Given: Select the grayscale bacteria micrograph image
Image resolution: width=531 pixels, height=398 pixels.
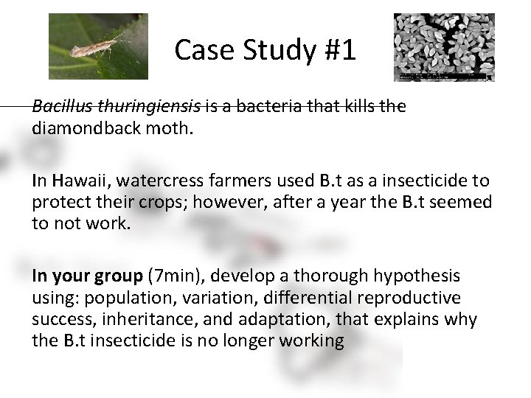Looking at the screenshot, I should [444, 46].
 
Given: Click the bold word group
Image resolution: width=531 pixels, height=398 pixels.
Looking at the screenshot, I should [122, 276].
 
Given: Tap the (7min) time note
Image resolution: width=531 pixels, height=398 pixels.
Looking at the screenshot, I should [171, 276].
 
